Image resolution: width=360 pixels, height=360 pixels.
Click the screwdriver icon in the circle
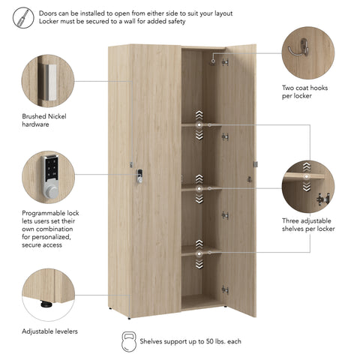23,17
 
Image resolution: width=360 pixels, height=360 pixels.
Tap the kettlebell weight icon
129,341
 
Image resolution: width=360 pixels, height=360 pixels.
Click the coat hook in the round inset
298,48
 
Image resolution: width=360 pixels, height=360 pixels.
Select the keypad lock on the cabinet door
139,176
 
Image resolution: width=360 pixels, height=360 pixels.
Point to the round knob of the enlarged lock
51,191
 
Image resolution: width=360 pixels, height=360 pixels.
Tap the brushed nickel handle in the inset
50,82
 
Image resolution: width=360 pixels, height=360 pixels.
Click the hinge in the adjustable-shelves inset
323,199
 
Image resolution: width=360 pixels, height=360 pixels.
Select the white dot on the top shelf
199,124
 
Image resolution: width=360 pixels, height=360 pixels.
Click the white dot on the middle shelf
199,189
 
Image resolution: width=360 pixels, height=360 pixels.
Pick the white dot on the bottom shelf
199,254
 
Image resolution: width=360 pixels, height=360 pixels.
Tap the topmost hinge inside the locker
225,62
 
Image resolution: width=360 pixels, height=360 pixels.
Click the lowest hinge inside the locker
225,290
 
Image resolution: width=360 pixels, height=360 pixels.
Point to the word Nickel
57,116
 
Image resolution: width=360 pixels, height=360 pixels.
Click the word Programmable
40,213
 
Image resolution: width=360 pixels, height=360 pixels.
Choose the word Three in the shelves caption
290,220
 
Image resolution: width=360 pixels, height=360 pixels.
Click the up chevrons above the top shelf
199,115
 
